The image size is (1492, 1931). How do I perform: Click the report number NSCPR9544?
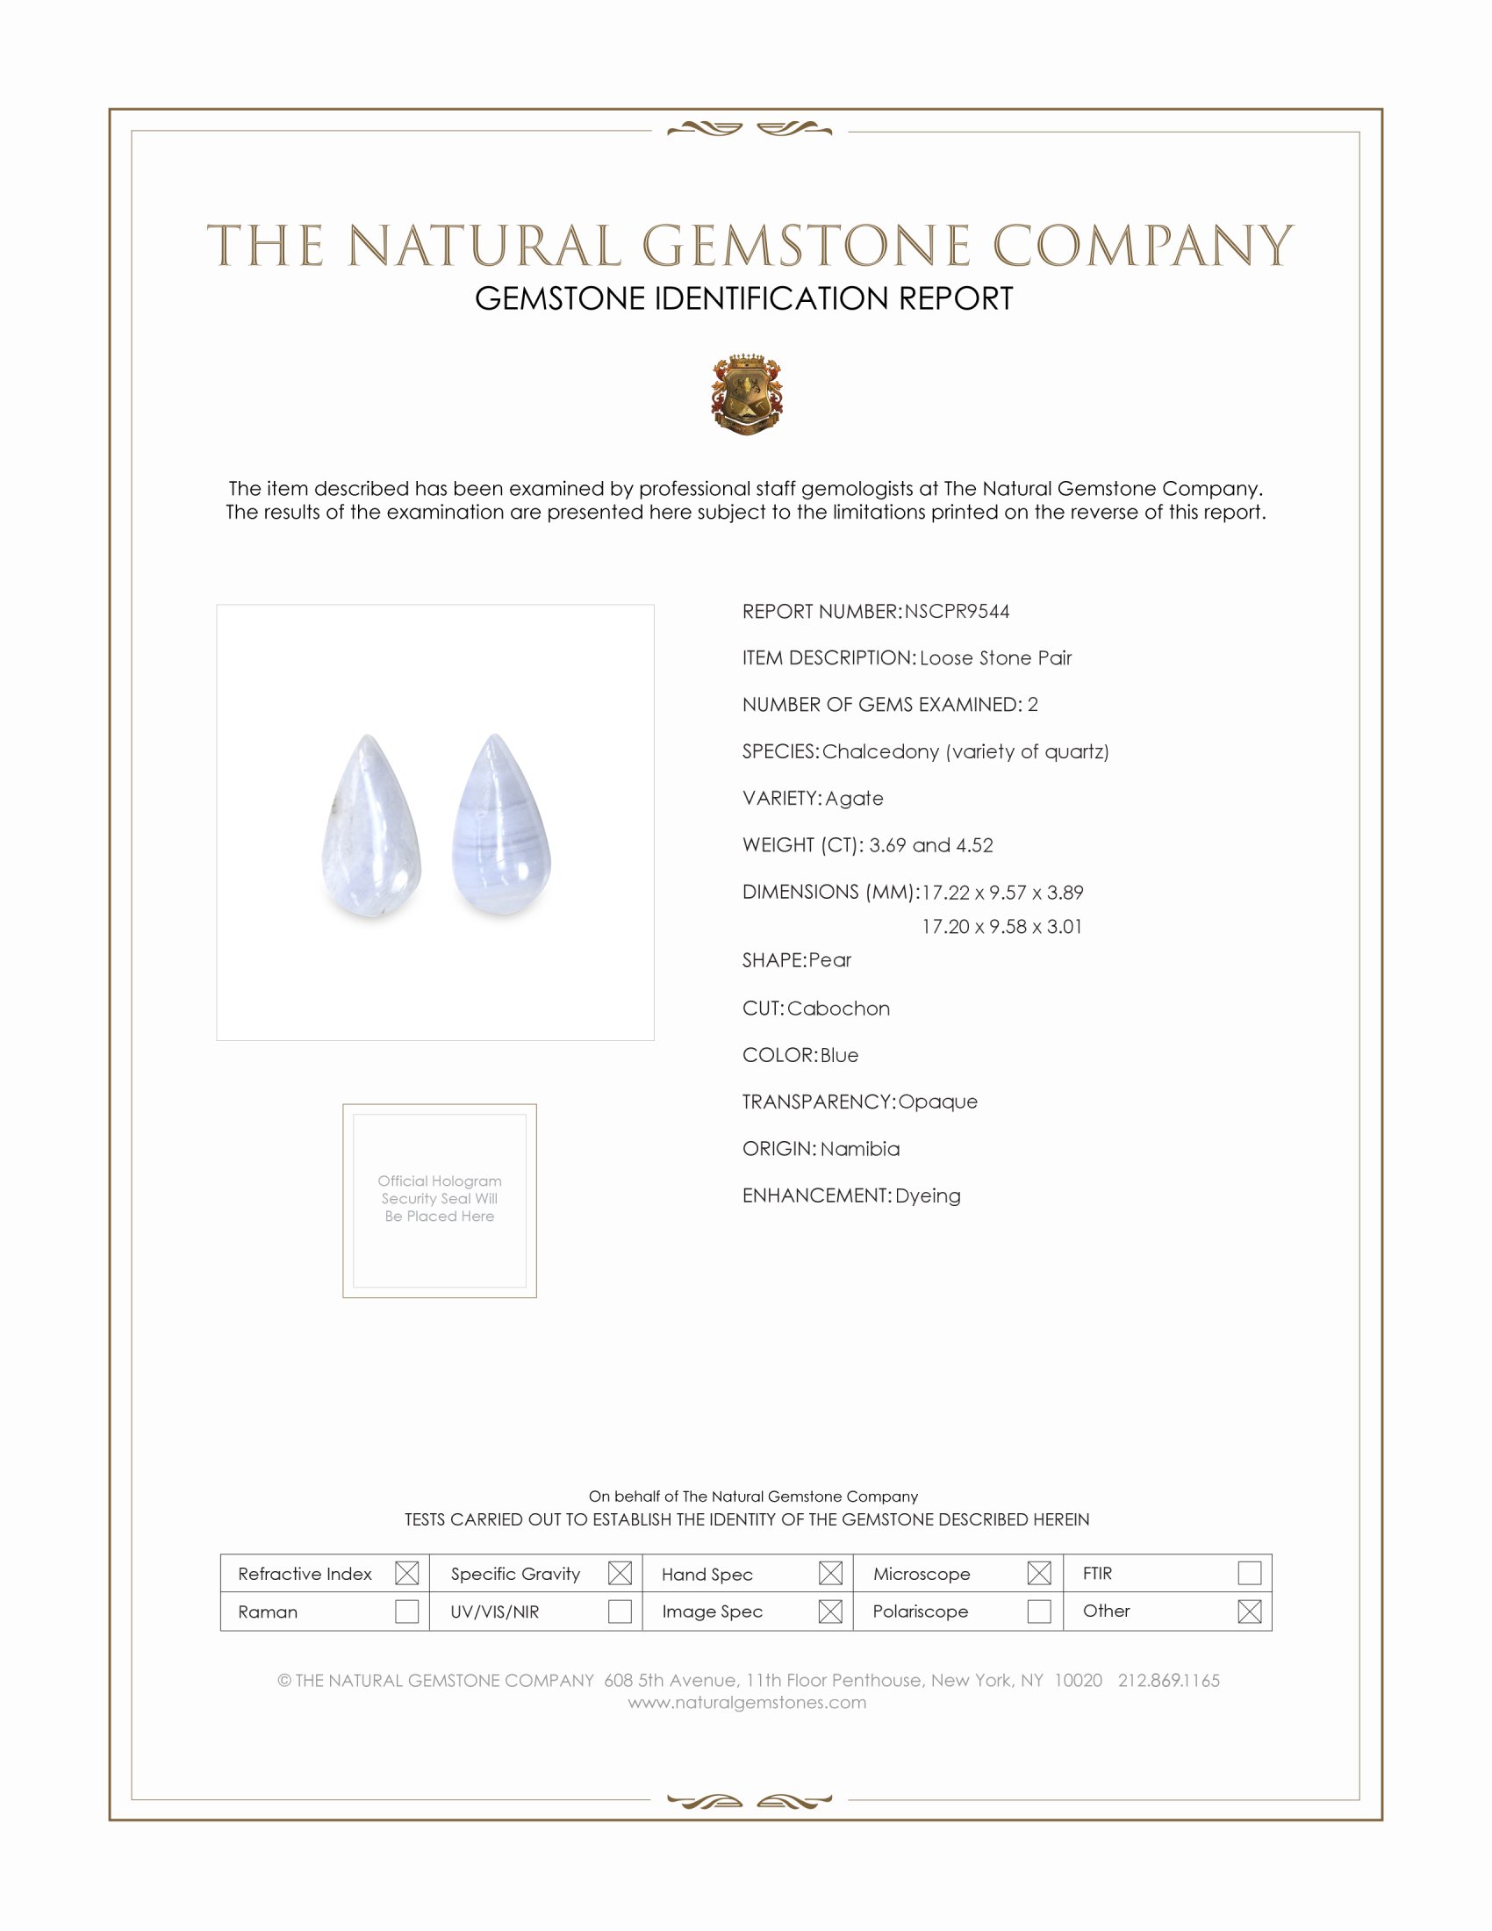click(957, 612)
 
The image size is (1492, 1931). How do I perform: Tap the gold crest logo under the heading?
click(747, 394)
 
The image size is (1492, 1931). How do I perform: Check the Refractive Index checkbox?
click(406, 1573)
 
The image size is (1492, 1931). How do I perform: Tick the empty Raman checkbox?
click(406, 1611)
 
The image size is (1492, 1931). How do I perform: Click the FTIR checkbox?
click(1249, 1573)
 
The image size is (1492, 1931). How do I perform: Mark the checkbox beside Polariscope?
click(1039, 1611)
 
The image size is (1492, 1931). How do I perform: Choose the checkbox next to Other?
click(1249, 1611)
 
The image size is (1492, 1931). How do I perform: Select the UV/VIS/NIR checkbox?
click(620, 1611)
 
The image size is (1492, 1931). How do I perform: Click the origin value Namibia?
click(860, 1149)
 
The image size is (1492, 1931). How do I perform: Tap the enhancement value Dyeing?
click(927, 1195)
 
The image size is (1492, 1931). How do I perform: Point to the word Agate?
click(854, 799)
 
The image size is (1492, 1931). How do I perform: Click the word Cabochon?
click(838, 1009)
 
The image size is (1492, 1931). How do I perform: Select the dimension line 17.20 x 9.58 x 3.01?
click(1001, 927)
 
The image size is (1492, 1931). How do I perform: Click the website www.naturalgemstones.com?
click(747, 1702)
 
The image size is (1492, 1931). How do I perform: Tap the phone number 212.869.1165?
click(1168, 1680)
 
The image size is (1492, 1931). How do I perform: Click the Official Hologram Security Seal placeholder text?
click(440, 1198)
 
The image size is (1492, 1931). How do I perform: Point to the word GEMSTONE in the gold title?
click(806, 246)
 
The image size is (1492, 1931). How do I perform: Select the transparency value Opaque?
click(938, 1102)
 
